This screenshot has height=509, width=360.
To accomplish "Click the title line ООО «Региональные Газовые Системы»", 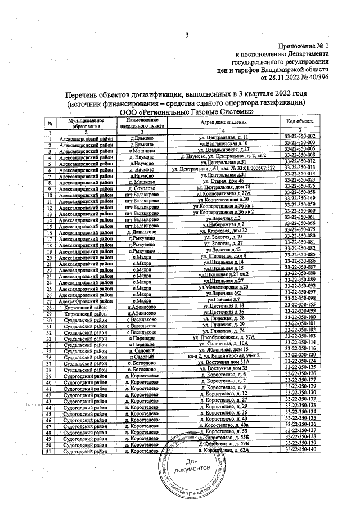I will pos(186,112).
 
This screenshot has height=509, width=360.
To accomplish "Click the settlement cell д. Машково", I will pos(138,181).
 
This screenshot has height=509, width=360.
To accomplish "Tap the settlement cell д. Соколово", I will pos(138,187).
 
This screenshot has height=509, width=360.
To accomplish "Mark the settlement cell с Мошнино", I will pos(138,150).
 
